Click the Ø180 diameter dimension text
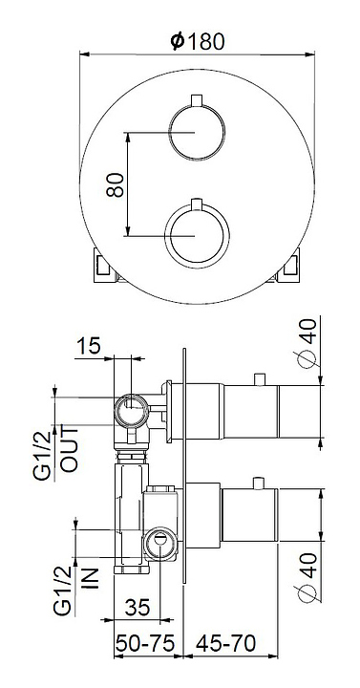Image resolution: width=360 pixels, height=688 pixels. pos(198,42)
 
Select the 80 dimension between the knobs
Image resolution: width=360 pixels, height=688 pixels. pos(116,184)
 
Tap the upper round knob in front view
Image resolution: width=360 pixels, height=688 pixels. pos(198,133)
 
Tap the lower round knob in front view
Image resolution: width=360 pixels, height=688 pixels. pos(198,235)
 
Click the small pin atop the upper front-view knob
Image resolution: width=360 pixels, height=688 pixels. pos(198,100)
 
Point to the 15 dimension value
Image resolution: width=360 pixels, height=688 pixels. pos(89,345)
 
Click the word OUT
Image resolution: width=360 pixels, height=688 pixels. pos(70,449)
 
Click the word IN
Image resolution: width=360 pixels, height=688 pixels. pos(90,578)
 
